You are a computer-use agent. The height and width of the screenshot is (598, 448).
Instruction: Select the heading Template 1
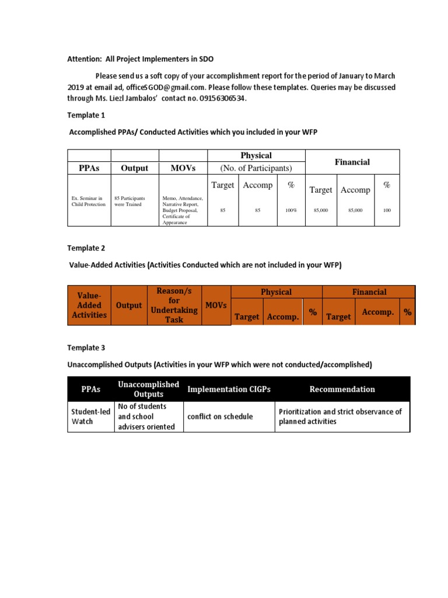pyautogui.click(x=86, y=116)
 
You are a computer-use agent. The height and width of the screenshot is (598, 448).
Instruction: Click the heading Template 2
pyautogui.click(x=86, y=248)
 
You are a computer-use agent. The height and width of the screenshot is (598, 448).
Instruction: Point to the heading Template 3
pyautogui.click(x=86, y=347)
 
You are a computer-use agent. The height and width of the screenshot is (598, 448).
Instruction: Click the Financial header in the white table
pyautogui.click(x=352, y=162)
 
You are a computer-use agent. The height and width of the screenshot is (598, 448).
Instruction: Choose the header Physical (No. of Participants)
pyautogui.click(x=256, y=162)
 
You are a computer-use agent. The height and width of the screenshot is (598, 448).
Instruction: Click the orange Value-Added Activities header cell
pyautogui.click(x=89, y=305)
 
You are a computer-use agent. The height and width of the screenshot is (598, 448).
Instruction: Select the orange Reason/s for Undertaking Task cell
pyautogui.click(x=174, y=305)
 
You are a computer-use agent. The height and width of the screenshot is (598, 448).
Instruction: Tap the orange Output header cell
pyautogui.click(x=129, y=305)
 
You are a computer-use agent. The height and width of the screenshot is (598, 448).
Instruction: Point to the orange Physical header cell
pyautogui.click(x=276, y=292)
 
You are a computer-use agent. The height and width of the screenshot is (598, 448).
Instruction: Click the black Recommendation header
pyautogui.click(x=342, y=390)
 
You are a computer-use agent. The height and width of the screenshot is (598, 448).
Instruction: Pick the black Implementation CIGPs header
pyautogui.click(x=228, y=390)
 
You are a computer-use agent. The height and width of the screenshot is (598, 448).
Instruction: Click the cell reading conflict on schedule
pyautogui.click(x=220, y=416)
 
